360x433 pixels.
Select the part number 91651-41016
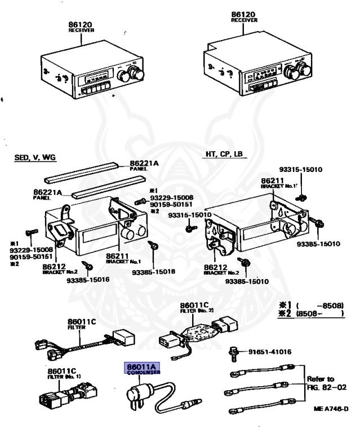pyautogui.click(x=269, y=352)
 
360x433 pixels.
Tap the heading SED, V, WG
pyautogui.click(x=35, y=157)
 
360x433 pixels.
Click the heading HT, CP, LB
pyautogui.click(x=223, y=153)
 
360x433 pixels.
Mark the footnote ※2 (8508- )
pyautogui.click(x=313, y=313)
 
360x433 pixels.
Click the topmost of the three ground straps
pyautogui.click(x=264, y=374)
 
